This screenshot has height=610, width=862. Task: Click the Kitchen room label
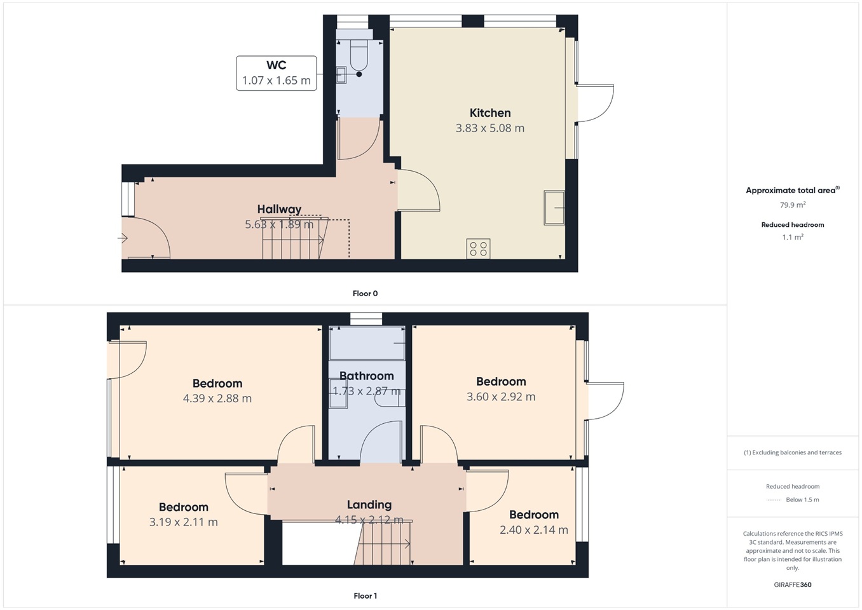tap(490, 112)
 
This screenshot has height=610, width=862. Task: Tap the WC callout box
tap(277, 73)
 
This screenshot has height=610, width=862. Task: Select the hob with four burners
tap(478, 248)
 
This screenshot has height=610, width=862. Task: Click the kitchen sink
tap(554, 208)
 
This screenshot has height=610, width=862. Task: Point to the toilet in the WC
tap(359, 55)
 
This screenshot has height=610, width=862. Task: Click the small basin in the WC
tap(341, 74)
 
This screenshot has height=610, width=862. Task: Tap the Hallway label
tap(279, 209)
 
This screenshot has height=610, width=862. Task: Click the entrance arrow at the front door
tap(123, 238)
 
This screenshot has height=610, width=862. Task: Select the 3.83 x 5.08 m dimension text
tap(490, 128)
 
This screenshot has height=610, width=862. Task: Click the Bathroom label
tap(366, 376)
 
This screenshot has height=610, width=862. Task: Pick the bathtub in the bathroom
tap(367, 343)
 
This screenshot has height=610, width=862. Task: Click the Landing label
tap(369, 505)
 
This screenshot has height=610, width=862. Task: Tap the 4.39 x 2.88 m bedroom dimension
tap(217, 398)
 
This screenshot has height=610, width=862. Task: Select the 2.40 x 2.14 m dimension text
tap(534, 530)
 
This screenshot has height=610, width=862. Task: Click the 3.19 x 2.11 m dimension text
tap(184, 522)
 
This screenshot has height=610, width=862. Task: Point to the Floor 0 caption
tap(365, 294)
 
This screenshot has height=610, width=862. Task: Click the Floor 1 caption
tap(365, 596)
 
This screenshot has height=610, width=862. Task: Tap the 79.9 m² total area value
tap(793, 205)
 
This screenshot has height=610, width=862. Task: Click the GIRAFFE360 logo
tap(793, 585)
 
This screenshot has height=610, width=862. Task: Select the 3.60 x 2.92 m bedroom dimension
tap(501, 396)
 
